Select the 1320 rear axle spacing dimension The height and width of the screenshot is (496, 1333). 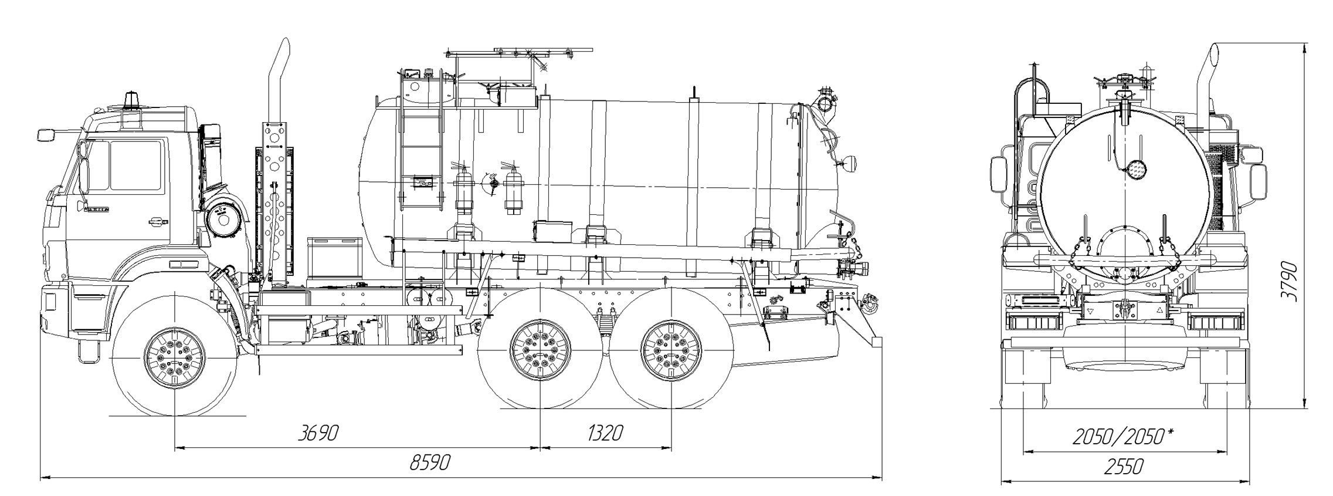tap(605, 434)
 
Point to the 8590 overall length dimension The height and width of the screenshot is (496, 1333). tap(430, 463)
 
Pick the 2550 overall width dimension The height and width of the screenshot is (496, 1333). tap(1124, 467)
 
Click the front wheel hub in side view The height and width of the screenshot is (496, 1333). tap(175, 356)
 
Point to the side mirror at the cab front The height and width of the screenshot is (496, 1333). tap(46, 135)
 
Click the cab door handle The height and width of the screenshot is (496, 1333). tap(155, 221)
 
